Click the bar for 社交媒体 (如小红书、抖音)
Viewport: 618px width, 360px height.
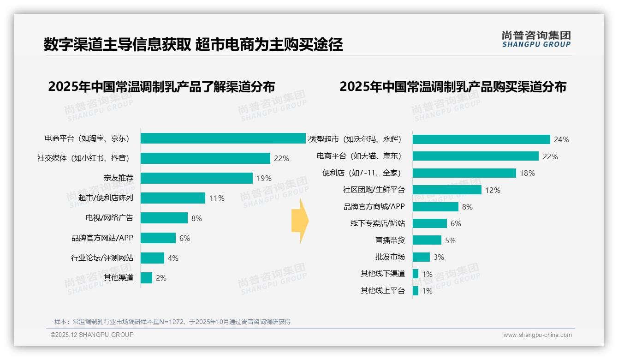pos(205,158)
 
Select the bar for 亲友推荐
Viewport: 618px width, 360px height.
pos(196,178)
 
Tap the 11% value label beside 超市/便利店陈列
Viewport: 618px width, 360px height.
pos(217,198)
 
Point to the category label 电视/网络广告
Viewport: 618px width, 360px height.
pos(109,218)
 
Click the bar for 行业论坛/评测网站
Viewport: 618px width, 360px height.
pos(152,258)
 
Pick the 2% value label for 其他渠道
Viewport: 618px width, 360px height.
pos(161,278)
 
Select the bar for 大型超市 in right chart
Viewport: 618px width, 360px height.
pos(481,139)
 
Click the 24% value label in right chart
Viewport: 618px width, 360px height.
pos(562,139)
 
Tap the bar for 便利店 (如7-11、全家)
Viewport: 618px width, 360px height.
pos(464,173)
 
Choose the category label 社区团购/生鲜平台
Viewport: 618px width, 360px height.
pos(374,190)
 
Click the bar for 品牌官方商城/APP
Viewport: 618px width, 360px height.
pos(435,207)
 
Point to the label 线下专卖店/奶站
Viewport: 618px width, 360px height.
pos(377,223)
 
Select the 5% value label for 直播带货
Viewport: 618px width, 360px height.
pos(450,240)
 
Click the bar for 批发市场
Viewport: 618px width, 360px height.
pos(421,257)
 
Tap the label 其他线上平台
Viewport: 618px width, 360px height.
pos(382,291)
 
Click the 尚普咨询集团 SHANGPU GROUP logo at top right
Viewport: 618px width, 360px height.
pos(536,39)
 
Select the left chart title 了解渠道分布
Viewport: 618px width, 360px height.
pos(161,87)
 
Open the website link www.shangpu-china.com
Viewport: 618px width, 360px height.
pos(537,335)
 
